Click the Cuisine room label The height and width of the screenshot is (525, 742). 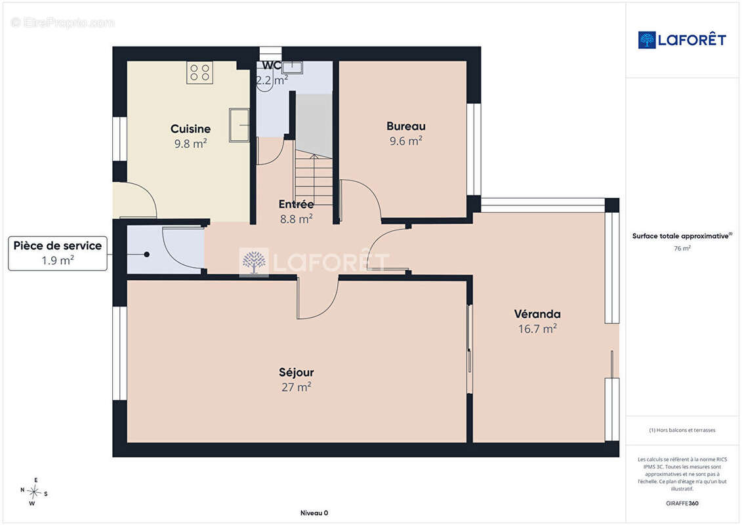[191, 129]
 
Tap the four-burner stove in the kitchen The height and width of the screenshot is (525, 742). [199, 72]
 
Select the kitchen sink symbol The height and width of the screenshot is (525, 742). [239, 125]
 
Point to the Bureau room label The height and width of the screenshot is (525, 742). [406, 127]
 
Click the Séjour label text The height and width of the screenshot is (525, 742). [297, 373]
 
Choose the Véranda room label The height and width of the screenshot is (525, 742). [537, 314]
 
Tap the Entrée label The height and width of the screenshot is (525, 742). [297, 205]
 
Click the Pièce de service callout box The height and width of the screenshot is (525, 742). [58, 254]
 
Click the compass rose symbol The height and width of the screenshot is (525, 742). [33, 492]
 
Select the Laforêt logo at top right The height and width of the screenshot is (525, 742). [682, 40]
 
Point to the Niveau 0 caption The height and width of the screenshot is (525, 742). [314, 513]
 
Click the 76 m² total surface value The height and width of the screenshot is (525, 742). [682, 248]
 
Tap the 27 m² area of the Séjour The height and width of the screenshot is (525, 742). [297, 387]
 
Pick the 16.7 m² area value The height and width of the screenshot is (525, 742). [537, 329]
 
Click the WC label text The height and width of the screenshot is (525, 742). [272, 66]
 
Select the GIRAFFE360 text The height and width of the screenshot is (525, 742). [682, 503]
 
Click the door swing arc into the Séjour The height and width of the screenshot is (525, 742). [324, 309]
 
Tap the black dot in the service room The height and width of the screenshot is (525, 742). [147, 255]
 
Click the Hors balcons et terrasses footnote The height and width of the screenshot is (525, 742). [682, 430]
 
